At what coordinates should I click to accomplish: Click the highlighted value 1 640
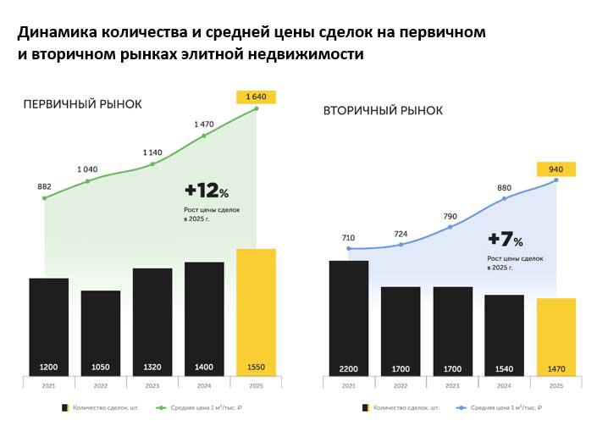point(256,97)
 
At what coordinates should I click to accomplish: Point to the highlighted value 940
point(556,169)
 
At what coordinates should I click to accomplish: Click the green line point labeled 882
point(44,198)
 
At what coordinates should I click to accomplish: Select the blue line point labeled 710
point(348,249)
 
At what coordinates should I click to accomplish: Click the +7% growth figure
point(506,240)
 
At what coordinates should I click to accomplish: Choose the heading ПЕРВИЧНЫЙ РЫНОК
point(82,104)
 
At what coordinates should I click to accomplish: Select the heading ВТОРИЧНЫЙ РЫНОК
point(382,111)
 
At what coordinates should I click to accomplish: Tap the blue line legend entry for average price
point(499,407)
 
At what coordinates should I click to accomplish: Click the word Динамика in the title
point(55,34)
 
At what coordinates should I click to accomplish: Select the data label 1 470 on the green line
point(204,124)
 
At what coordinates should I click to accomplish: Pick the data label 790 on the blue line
point(451,216)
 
